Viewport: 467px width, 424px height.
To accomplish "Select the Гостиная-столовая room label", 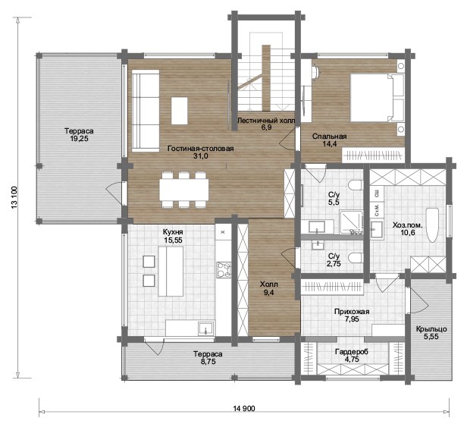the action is click(200, 149).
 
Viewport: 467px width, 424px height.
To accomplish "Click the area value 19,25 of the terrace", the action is click(79, 138).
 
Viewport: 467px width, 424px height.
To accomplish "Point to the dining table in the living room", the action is click(183, 190).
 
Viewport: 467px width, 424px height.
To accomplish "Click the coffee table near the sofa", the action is click(179, 111).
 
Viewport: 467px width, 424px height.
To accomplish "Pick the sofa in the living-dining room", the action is click(146, 111).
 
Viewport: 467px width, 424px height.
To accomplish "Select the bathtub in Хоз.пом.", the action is click(432, 225).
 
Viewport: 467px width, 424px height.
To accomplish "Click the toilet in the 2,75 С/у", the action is click(356, 258).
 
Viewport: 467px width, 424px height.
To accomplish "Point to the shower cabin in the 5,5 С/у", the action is click(352, 222).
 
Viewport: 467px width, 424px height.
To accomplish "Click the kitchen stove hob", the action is click(224, 270).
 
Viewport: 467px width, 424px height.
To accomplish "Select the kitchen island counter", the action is click(171, 272).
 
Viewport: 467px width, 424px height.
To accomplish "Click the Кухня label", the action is click(173, 232).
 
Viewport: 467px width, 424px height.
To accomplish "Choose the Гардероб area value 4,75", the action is click(352, 359).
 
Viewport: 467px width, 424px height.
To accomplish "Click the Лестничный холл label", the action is click(265, 121).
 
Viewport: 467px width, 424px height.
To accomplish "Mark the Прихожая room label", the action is click(352, 312).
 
